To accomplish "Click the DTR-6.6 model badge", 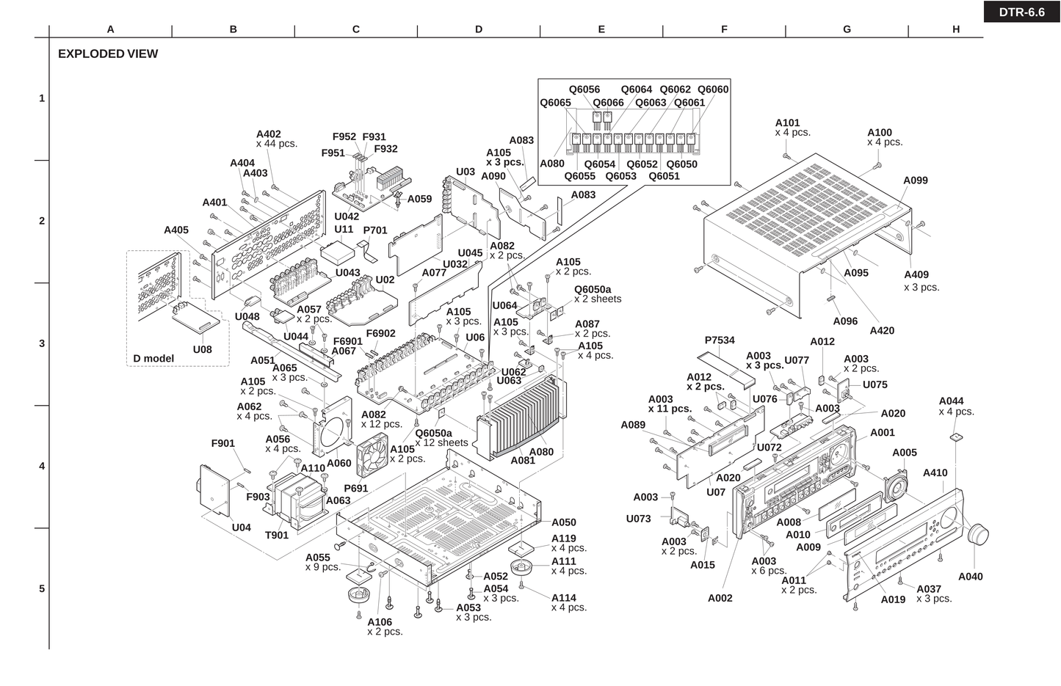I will [1021, 12].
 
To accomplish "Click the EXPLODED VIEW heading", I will [108, 54].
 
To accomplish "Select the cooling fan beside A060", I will [374, 458].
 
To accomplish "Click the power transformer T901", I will [299, 499].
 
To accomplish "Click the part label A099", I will [916, 180].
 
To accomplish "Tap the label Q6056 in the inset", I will [584, 90].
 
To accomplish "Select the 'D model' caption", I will [153, 359].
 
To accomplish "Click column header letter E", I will [601, 29].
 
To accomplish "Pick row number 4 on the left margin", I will [42, 466].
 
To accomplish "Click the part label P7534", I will [720, 340].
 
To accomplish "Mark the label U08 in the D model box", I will [203, 349].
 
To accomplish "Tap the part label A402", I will [269, 134].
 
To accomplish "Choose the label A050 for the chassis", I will [564, 522].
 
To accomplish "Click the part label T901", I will [277, 535].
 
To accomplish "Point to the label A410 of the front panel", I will [935, 473].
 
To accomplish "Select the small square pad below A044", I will [955, 437].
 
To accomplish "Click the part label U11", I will [344, 229].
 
